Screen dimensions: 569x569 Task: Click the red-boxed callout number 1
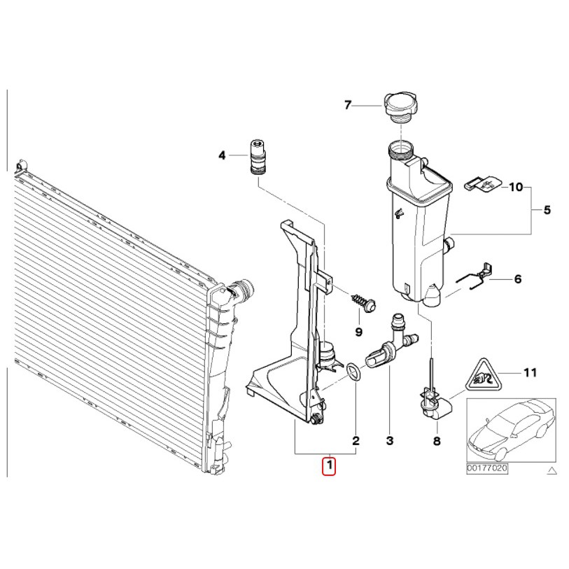point(329,466)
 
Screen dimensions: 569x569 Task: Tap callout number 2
point(356,440)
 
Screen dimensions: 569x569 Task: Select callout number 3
point(389,440)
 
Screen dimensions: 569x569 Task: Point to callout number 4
point(222,155)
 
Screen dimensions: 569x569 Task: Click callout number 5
point(547,210)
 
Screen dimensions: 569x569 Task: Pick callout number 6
point(518,279)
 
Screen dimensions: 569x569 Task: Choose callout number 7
point(348,105)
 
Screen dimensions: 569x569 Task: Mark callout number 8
point(437,441)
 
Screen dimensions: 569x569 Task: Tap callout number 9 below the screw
point(358,332)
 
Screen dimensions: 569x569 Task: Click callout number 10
point(516,188)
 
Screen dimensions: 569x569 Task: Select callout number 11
point(530,372)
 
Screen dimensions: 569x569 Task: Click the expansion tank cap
point(399,107)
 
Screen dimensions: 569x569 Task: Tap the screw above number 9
point(363,304)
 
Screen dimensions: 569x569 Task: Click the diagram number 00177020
point(487,468)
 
